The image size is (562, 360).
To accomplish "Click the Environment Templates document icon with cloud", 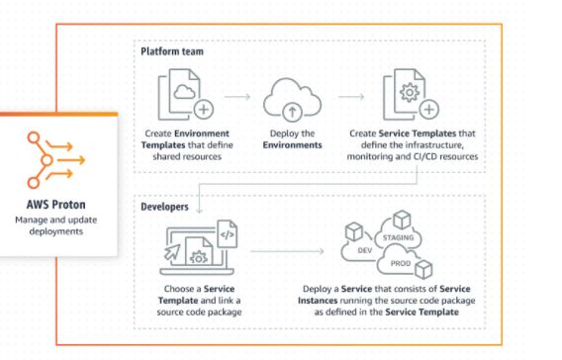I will (x=184, y=96).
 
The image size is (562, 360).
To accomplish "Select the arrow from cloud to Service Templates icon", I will (x=350, y=98).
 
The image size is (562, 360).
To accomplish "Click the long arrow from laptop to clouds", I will (x=288, y=254).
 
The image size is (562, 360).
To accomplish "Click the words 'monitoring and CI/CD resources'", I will (x=415, y=156).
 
